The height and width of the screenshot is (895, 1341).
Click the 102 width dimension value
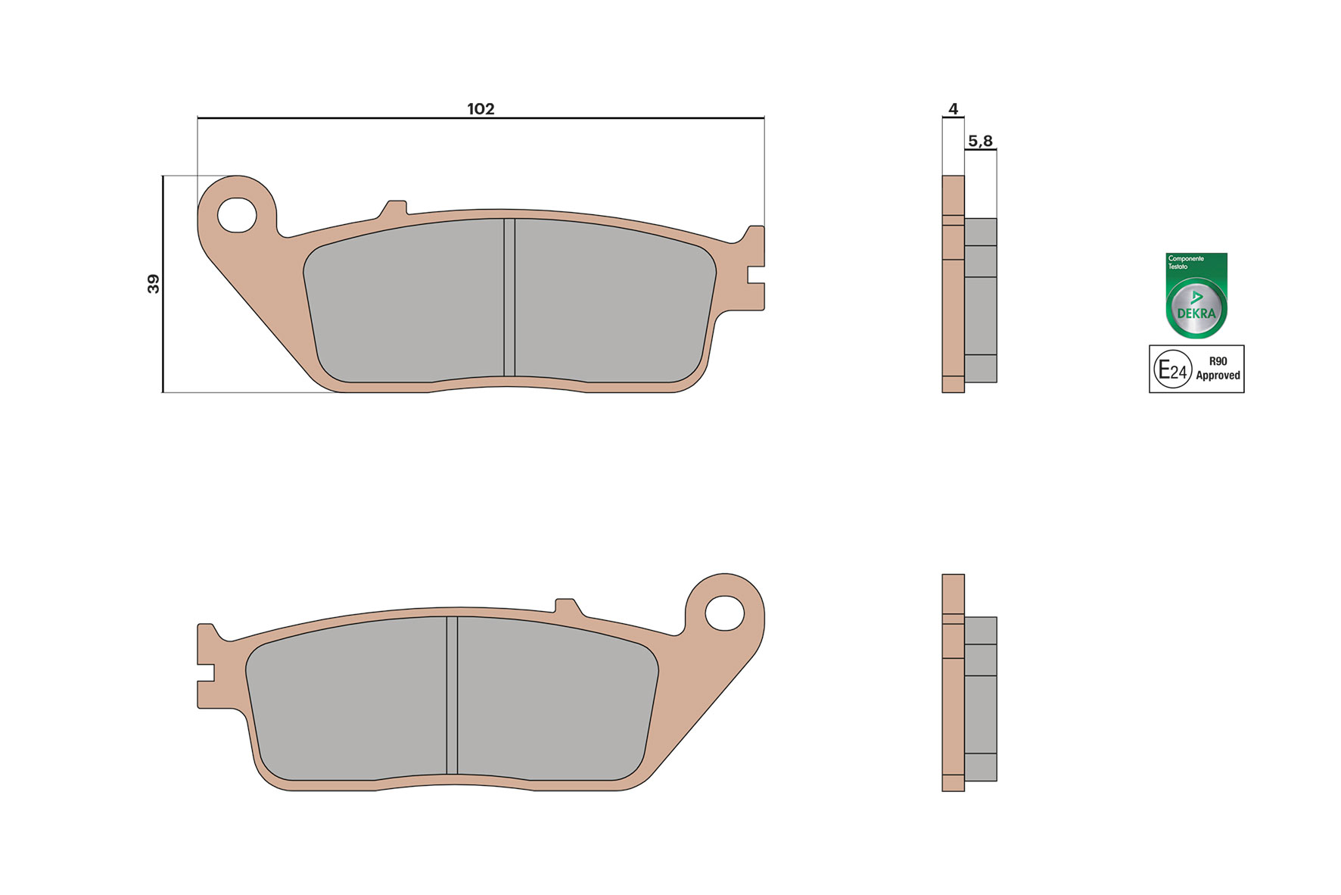click(x=481, y=109)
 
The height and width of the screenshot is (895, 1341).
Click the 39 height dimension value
click(x=154, y=284)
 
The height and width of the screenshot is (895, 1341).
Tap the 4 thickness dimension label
click(x=953, y=109)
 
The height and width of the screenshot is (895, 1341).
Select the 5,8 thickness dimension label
click(x=980, y=141)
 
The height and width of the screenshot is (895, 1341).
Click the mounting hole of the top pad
click(x=237, y=215)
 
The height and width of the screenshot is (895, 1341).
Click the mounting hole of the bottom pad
click(x=724, y=613)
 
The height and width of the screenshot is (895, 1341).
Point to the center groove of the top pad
click(x=509, y=297)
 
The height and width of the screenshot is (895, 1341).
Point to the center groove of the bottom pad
click(x=452, y=695)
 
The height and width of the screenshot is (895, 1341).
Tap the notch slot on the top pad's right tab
click(x=755, y=275)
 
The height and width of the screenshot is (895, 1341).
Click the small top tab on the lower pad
click(x=566, y=606)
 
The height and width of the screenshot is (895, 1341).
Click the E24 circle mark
click(x=1172, y=370)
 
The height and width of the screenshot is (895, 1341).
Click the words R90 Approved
click(x=1218, y=369)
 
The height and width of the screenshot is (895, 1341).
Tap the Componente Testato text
click(x=1185, y=262)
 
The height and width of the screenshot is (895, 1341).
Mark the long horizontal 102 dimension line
click(x=605, y=118)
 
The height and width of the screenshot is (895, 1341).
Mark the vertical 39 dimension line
click(x=163, y=341)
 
